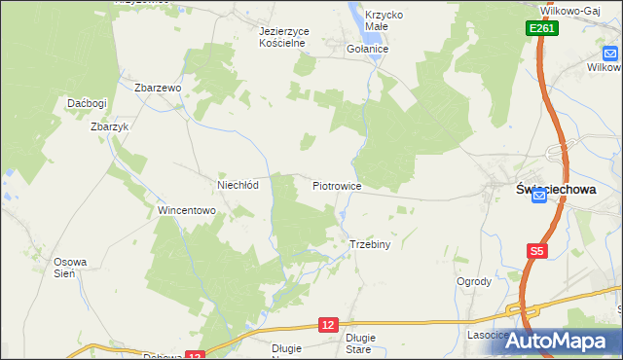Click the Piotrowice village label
(337, 185)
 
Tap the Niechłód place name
(237, 185)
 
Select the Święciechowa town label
(554, 190)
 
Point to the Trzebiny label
(369, 244)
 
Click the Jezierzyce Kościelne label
(283, 37)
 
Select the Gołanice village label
(368, 49)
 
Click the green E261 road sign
(542, 30)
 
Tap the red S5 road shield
(537, 251)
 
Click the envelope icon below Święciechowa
(539, 196)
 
